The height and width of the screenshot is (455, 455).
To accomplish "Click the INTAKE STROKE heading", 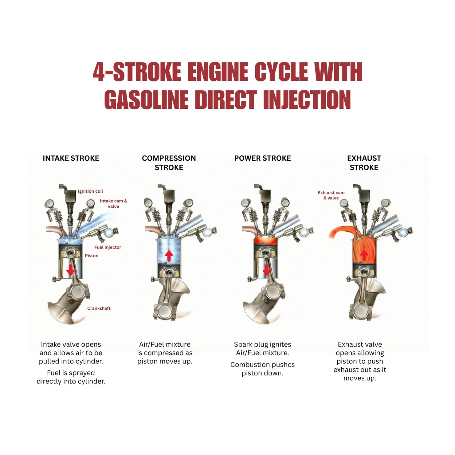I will [x=71, y=158].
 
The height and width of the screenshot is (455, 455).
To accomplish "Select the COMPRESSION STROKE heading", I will [x=169, y=163].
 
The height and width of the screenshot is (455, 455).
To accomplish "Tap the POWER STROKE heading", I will [x=262, y=158].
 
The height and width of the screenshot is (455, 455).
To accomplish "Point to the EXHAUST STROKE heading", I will [x=364, y=163].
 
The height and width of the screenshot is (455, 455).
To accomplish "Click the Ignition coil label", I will [x=90, y=191].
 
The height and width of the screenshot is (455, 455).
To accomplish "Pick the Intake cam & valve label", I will [x=113, y=204].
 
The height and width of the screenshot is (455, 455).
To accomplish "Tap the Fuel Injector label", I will [x=108, y=247].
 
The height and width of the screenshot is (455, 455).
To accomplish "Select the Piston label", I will [x=92, y=256].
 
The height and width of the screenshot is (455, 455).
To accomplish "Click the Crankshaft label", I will [x=99, y=308].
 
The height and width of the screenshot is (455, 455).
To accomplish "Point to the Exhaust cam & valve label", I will [x=331, y=195].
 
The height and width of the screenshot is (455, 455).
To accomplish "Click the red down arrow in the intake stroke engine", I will [x=71, y=269].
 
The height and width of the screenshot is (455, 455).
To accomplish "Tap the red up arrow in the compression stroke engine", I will [x=169, y=256].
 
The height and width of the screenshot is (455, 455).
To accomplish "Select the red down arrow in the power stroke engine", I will [x=267, y=269].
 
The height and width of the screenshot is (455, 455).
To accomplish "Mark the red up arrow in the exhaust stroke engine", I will [x=364, y=255].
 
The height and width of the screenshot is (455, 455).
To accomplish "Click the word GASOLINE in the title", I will [x=146, y=100].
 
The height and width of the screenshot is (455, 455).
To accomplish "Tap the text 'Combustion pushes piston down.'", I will [x=262, y=369].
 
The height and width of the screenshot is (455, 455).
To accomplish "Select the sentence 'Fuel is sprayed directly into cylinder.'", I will [x=71, y=377].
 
